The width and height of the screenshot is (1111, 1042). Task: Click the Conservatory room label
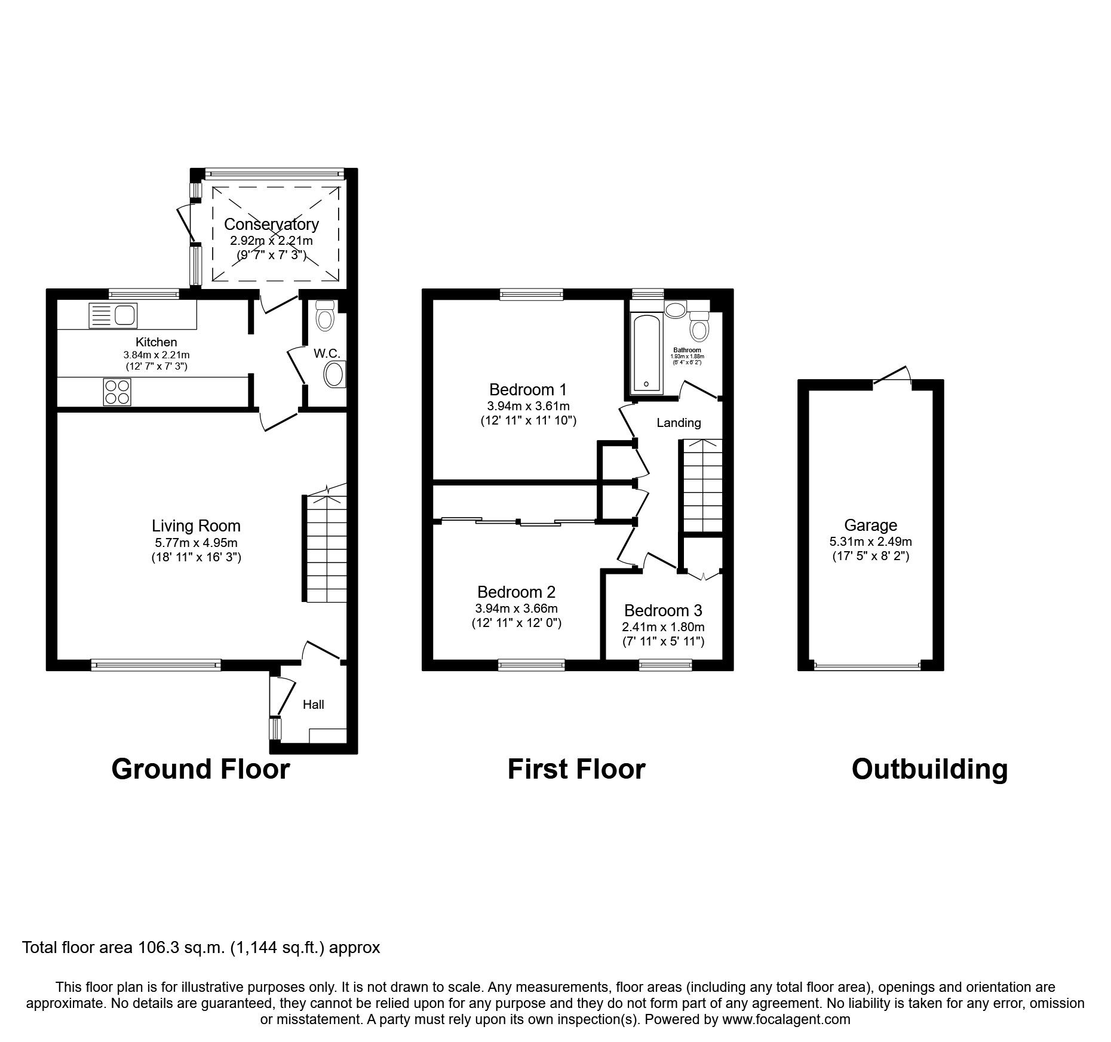point(271,225)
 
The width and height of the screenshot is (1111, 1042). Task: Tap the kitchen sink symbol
point(113,315)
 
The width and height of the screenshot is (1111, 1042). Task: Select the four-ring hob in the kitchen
point(116,392)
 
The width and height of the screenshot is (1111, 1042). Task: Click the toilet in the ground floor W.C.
point(324,315)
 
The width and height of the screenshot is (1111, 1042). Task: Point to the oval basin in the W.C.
point(333,376)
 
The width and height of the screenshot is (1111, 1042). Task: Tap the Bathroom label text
point(687,350)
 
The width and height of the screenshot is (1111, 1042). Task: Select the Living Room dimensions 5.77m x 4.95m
point(196,543)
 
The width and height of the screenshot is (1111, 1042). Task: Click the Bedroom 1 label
point(527,390)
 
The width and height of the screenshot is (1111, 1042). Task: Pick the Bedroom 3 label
point(663,611)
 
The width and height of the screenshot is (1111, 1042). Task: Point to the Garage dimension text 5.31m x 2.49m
point(870,542)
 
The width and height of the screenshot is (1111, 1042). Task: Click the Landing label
point(679,423)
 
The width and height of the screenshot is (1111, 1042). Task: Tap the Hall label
point(313,705)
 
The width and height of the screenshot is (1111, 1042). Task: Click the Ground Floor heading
point(201,769)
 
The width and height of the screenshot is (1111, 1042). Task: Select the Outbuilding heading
point(929,769)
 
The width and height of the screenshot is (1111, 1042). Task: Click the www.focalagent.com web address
point(786,1019)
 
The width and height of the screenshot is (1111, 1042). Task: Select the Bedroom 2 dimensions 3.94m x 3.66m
point(516,608)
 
